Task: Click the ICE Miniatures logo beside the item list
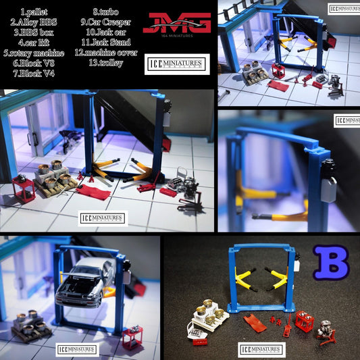tap(177, 64)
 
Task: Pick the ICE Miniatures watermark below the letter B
tap(262, 350)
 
